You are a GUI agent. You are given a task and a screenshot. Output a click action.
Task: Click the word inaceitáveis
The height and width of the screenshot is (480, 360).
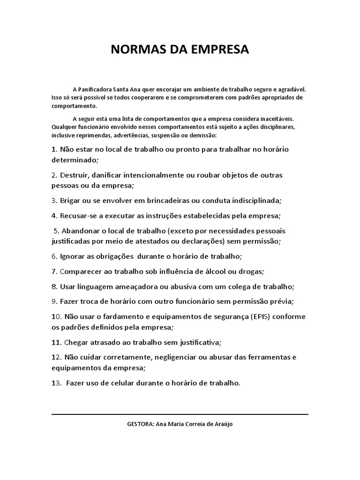276,119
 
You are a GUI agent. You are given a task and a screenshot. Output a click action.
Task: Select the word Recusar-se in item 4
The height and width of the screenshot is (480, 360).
78,216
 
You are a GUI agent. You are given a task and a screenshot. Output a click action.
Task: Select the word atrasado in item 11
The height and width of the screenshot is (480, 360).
104,342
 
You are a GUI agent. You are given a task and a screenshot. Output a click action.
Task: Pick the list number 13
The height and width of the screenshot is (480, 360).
57,382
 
